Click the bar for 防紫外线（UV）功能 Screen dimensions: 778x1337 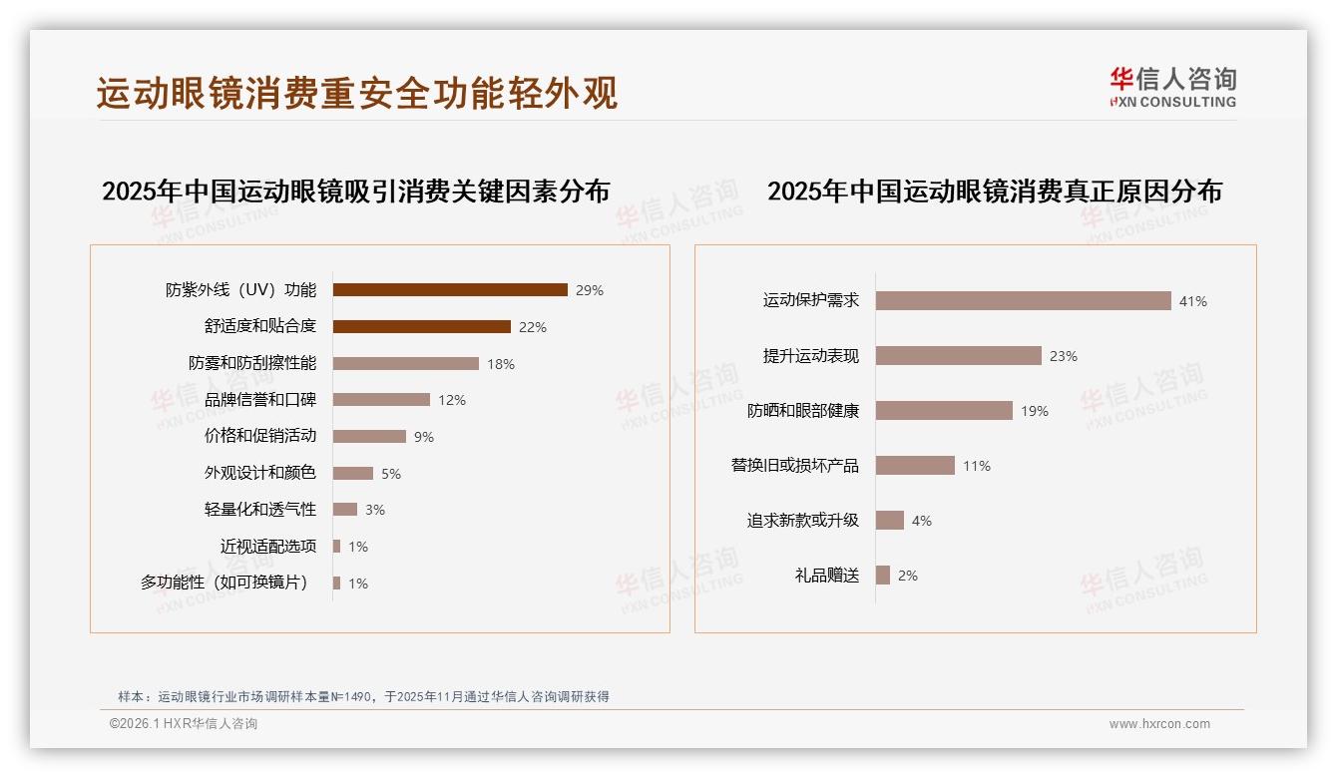tap(450, 290)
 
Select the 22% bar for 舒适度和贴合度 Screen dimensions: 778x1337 tap(421, 327)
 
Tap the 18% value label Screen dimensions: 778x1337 tap(501, 364)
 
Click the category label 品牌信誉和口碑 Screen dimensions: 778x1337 tap(260, 400)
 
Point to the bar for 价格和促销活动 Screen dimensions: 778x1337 tap(369, 437)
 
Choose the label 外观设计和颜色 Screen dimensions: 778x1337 tap(260, 473)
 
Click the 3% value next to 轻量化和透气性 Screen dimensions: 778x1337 tap(374, 510)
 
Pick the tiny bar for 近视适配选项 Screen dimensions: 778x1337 tap(337, 547)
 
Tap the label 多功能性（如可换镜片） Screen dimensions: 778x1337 tap(228, 583)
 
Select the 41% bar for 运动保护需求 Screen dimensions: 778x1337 tap(1023, 301)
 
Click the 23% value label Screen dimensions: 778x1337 tap(1064, 356)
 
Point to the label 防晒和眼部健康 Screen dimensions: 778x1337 tap(803, 411)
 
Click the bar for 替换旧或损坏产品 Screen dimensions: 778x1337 tap(915, 466)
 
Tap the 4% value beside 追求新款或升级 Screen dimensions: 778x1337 tap(922, 521)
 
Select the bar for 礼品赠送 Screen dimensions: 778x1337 tap(883, 576)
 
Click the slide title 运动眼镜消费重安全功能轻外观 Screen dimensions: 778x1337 tap(357, 93)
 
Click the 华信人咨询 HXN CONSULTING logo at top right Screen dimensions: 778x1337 tap(1172, 88)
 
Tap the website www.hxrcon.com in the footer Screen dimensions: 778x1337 tap(1159, 724)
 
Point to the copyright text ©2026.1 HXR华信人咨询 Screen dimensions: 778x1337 tap(184, 724)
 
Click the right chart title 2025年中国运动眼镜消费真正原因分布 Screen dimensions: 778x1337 tap(995, 192)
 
